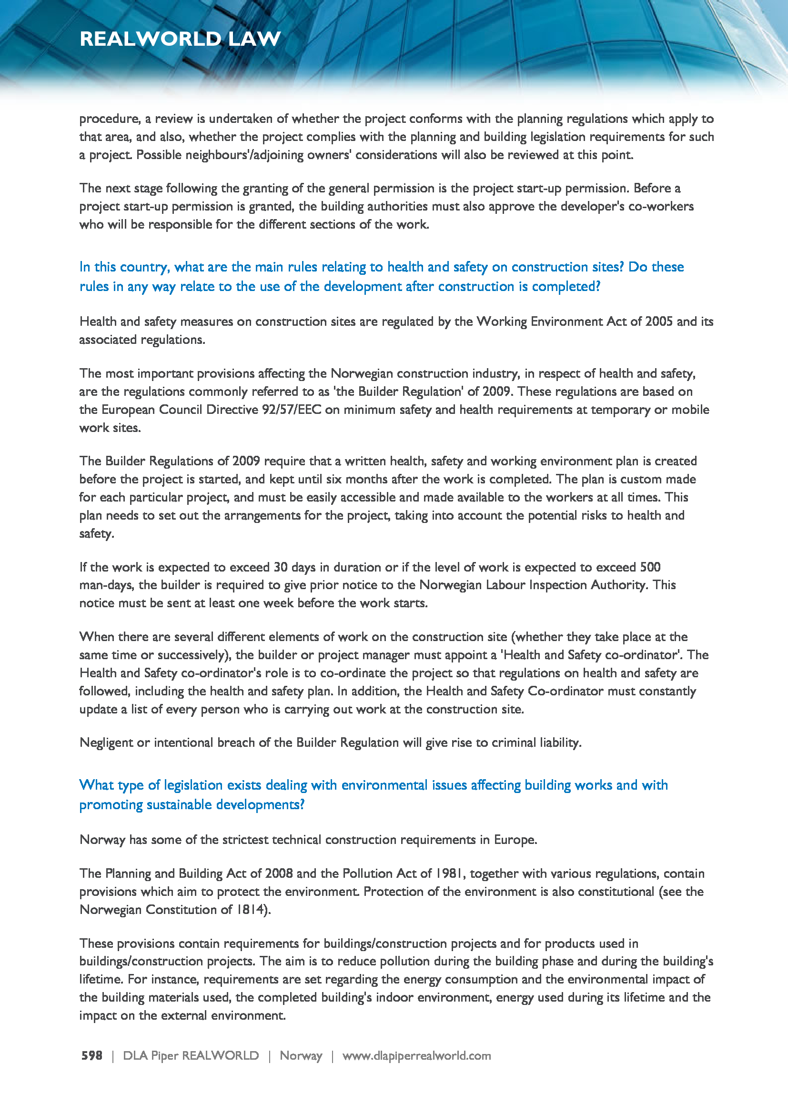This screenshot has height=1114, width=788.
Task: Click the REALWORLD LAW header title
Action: pyautogui.click(x=180, y=39)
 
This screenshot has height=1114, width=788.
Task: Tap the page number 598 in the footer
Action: pyautogui.click(x=91, y=1055)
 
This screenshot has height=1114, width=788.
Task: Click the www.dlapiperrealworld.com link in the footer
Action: pyautogui.click(x=416, y=1055)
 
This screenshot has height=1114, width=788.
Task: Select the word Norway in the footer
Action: pyautogui.click(x=301, y=1055)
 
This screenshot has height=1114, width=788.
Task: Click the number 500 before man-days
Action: pyautogui.click(x=650, y=567)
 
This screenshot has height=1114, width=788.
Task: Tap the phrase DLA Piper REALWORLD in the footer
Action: pyautogui.click(x=191, y=1055)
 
